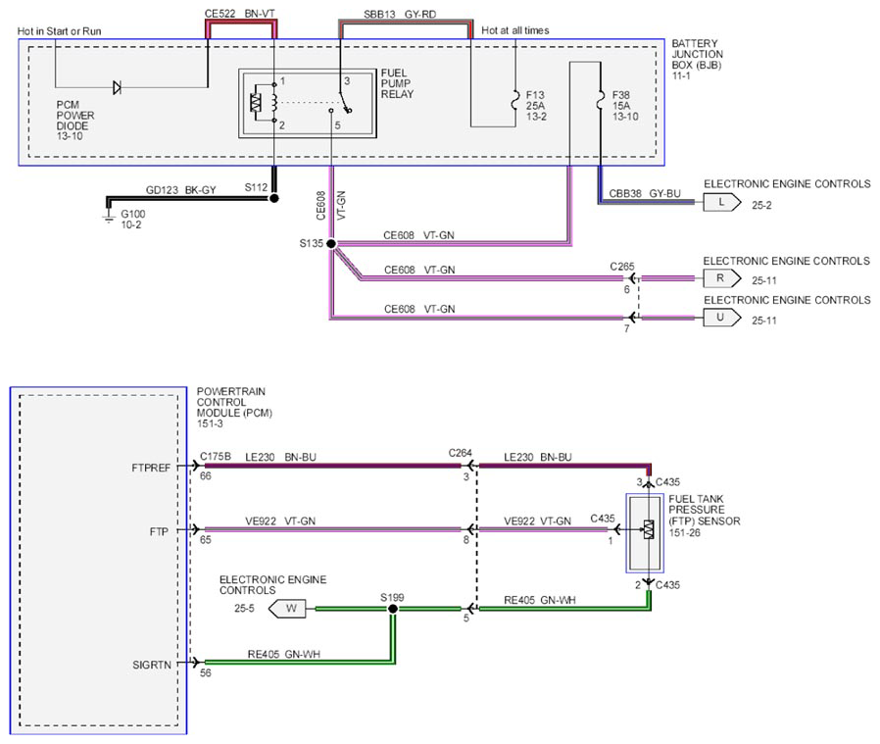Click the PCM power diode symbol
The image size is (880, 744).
pos(117,87)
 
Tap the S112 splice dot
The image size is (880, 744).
pos(273,198)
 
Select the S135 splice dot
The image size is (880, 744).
pos(331,244)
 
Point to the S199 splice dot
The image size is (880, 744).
pos(393,609)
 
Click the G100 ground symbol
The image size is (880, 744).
pos(109,217)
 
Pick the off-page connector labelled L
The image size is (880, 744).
pos(721,202)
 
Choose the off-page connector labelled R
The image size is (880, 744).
pos(721,278)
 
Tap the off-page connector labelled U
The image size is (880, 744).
pos(721,318)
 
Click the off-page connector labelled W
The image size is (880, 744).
pos(287,609)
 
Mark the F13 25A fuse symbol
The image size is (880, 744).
pos(514,100)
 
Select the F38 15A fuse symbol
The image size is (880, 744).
pos(601,100)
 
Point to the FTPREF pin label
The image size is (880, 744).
pos(151,468)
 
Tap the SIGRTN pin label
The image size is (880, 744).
pos(152,665)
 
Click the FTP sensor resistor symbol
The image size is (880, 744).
pos(649,529)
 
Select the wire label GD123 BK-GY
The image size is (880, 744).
pos(180,190)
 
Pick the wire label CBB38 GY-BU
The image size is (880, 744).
pos(645,194)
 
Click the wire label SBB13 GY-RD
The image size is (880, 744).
pos(400,14)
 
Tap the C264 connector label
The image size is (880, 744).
pos(461,453)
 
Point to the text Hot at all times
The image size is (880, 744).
pos(515,31)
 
